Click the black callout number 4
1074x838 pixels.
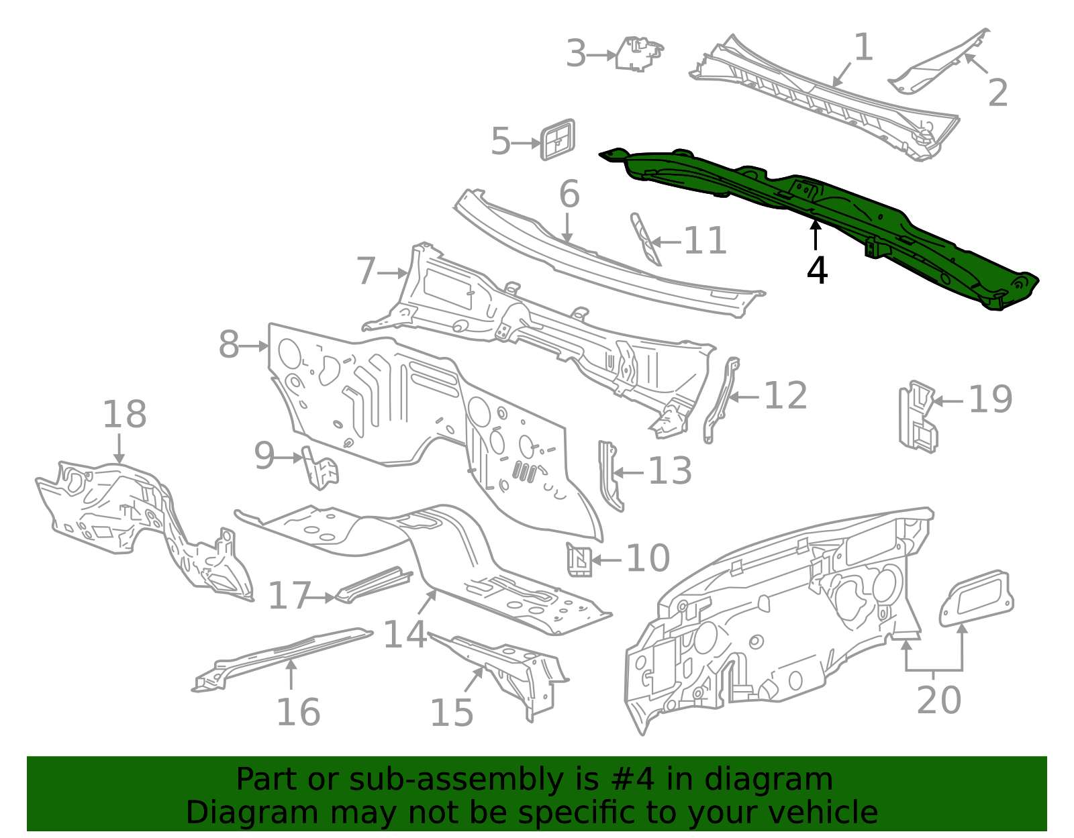coord(817,270)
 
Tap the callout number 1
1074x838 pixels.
coord(863,48)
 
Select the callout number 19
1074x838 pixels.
coord(990,399)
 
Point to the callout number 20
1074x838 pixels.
coord(938,700)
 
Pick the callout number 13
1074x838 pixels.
coord(669,471)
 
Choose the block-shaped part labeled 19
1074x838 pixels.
coord(917,416)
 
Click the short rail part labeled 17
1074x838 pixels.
coord(373,584)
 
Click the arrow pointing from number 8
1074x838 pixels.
coord(254,346)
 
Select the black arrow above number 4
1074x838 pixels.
coord(816,235)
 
